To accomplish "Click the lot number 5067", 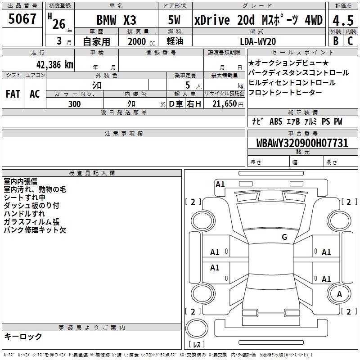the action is pos(22,19).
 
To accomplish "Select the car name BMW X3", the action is pos(116,20).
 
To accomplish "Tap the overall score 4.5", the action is pos(343,21).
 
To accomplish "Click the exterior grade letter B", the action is pos(336,41).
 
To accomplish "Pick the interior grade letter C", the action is pos(350,41).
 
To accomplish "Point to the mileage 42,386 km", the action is pos(55,65).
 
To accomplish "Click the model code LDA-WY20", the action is pos(258,41).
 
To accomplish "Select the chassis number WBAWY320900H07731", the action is pos(302,143).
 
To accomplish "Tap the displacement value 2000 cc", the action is pos(141,41).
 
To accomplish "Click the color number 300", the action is pos(74,104).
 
